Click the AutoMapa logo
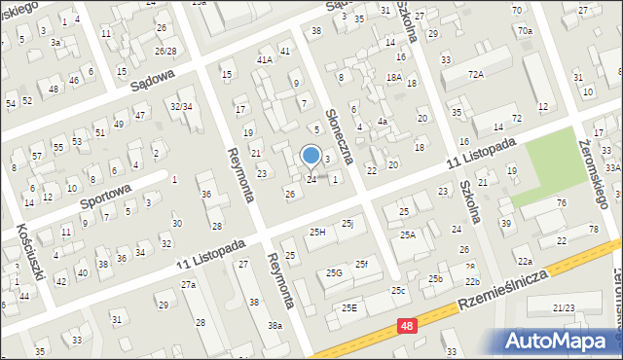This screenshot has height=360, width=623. point(559,341)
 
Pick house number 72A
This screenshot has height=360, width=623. point(475,74)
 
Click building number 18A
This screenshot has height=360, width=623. point(393,77)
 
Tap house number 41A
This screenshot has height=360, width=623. point(264,59)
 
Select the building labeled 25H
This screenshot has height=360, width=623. point(317,232)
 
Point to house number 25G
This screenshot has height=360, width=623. point(334,273)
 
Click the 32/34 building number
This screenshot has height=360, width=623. point(180,106)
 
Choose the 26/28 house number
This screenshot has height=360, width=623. point(165,51)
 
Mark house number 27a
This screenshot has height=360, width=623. point(188,284)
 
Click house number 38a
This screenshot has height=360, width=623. point(276,325)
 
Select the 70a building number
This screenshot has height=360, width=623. point(525,31)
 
